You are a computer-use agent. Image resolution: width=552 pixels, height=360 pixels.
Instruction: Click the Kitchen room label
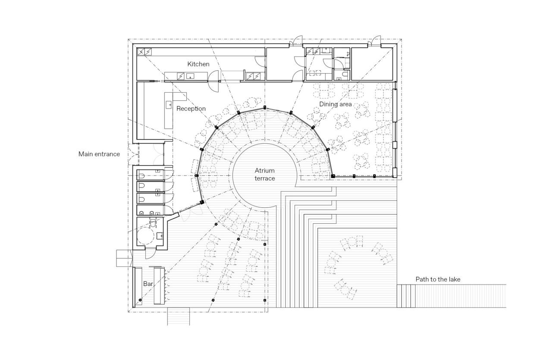[198, 64]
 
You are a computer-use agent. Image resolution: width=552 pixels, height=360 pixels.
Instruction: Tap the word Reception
[191, 109]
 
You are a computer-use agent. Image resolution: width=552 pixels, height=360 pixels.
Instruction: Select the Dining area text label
[335, 104]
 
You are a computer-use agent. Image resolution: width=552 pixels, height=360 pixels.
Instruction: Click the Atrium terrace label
[264, 175]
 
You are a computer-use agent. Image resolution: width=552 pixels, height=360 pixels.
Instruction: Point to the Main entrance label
[99, 154]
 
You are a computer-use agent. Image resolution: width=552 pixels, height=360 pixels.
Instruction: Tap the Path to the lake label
[438, 279]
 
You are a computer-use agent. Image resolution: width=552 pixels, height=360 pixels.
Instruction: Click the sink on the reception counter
[169, 105]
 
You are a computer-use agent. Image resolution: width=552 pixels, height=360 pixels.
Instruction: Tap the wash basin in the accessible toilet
[160, 235]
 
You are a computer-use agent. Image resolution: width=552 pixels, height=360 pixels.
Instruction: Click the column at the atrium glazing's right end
[333, 176]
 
